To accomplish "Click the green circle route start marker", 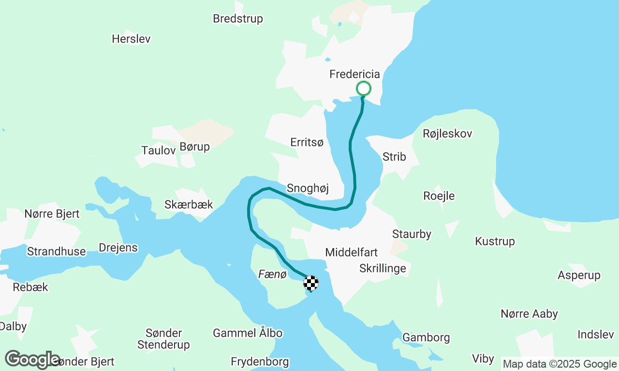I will coord(363,88).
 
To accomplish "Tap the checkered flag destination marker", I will coord(311,283).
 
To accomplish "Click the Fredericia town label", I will coord(354,74).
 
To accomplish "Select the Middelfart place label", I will coord(351,252).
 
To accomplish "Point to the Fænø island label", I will coord(273,274).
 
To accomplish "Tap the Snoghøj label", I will coord(308,188).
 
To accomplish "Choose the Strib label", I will coord(394,157).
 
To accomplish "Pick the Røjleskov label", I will coord(447,133).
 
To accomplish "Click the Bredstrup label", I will coord(238,19).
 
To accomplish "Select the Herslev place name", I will coord(131,39).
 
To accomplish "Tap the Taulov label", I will coord(159,150).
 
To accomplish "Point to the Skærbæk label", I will coord(189,204).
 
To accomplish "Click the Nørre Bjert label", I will coord(52,214).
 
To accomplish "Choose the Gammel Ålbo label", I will coord(248,333).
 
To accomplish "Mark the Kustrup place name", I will coord(495,241).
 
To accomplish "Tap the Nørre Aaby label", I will coord(529,314).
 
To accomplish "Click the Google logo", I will coord(32,359).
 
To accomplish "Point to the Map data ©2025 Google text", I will coord(560,364).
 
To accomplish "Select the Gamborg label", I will coord(426,337).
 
